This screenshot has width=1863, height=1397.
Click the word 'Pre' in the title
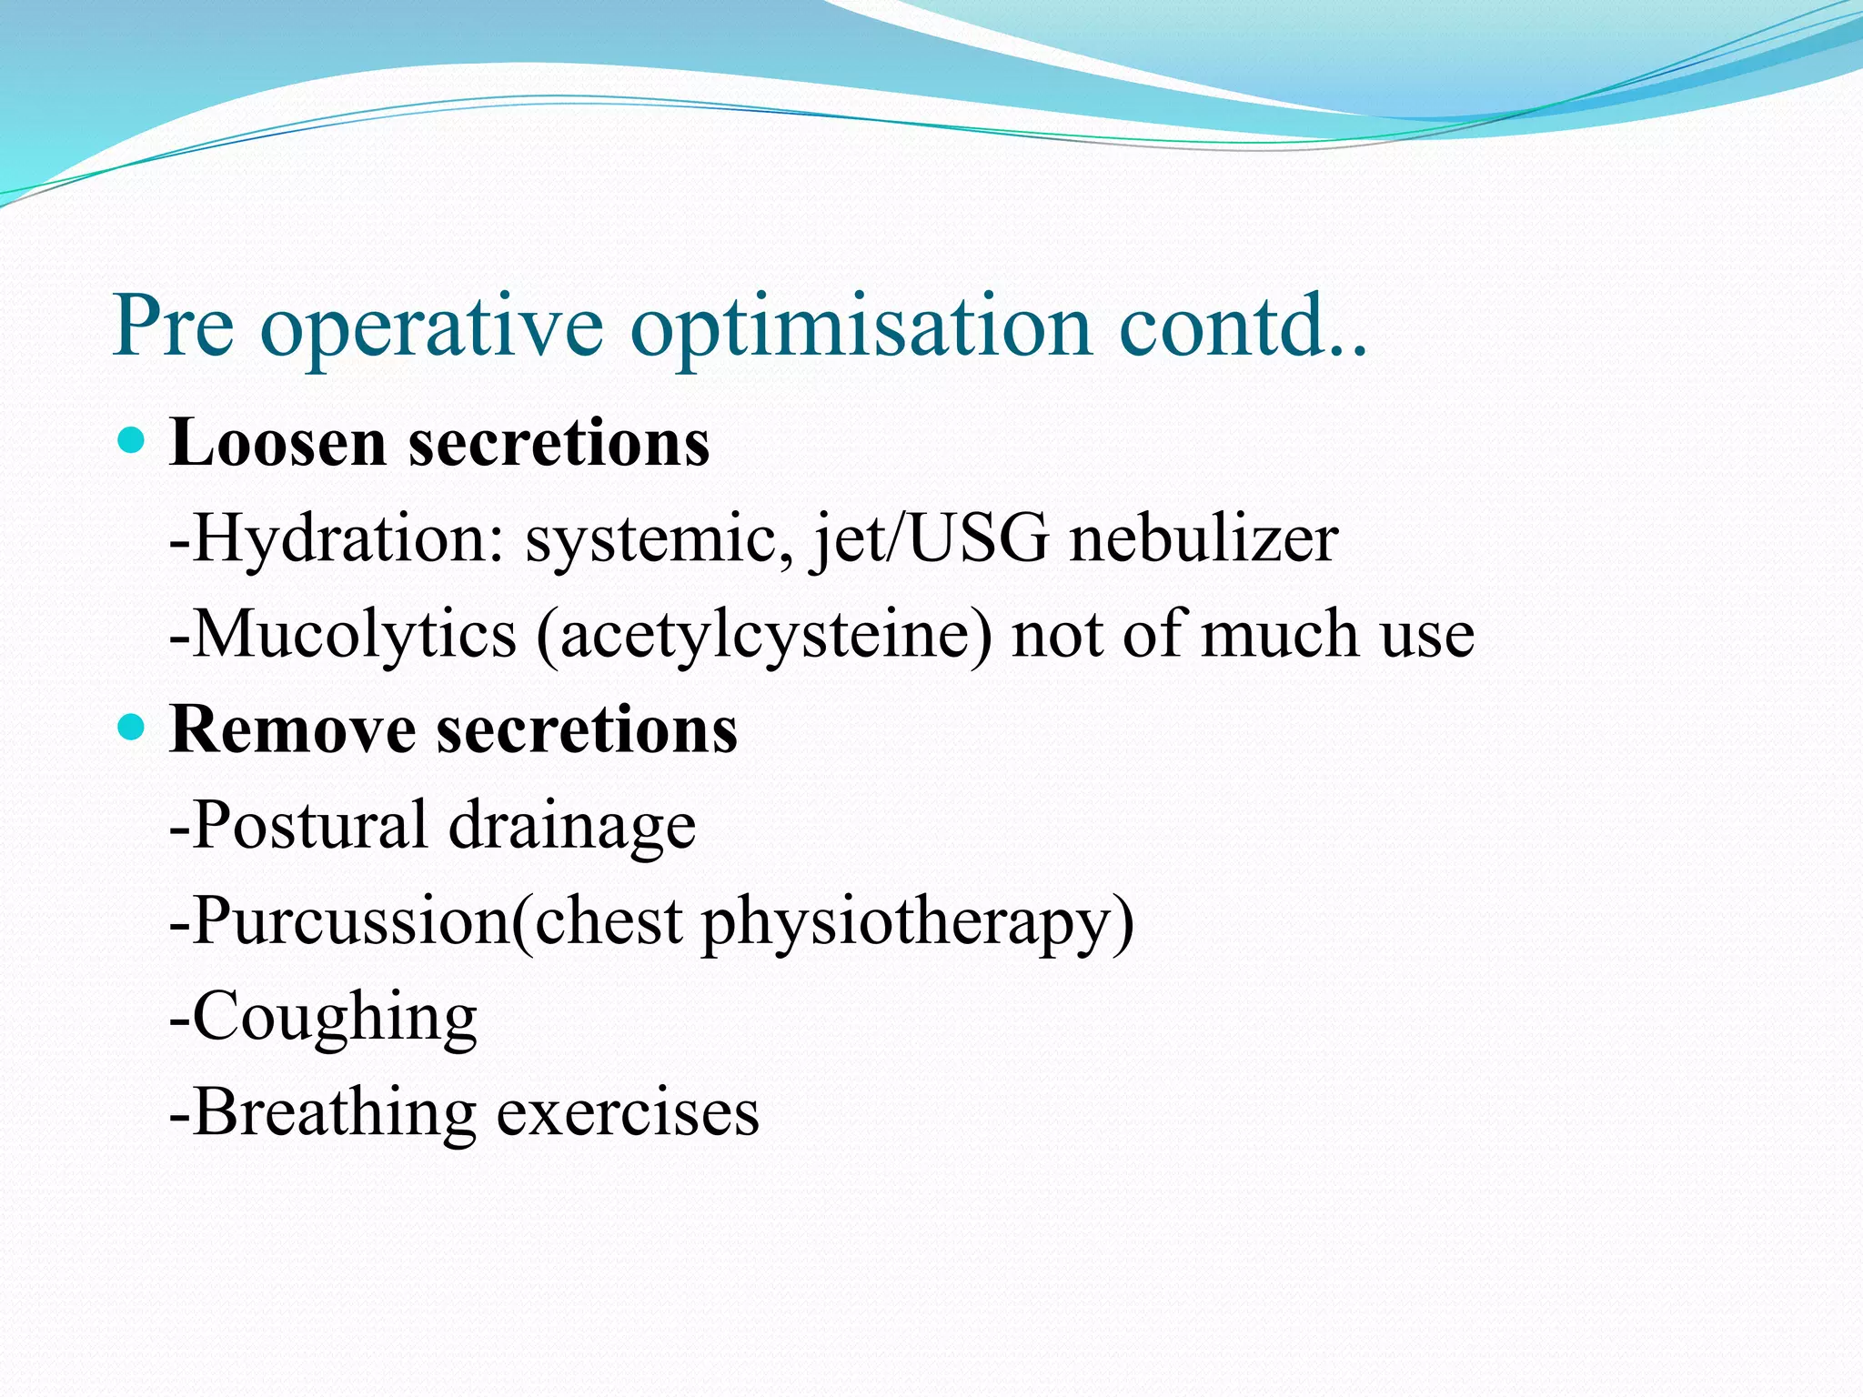173,325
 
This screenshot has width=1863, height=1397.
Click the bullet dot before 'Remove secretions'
132,728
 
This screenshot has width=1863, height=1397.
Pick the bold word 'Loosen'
277,442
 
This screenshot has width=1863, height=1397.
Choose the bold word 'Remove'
291,729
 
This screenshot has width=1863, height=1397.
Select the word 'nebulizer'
1203,538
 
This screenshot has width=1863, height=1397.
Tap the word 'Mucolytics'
355,635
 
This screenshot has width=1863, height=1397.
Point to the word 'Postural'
309,824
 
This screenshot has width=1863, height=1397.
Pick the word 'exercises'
628,1113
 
